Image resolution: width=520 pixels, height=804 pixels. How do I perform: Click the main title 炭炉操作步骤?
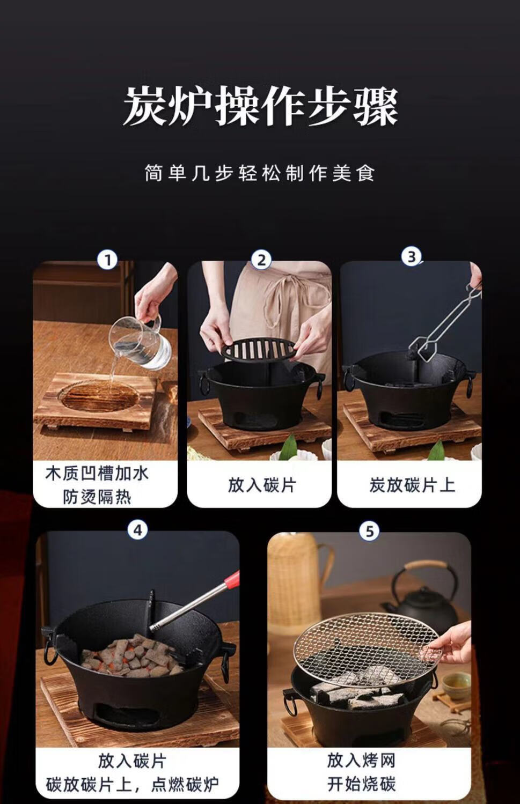(260, 107)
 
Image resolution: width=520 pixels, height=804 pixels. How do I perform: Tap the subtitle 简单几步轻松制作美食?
(260, 173)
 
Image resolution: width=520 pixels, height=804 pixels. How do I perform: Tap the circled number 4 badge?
(137, 529)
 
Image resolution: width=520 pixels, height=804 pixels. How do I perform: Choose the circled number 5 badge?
(370, 531)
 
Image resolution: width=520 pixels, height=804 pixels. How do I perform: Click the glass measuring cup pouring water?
(140, 343)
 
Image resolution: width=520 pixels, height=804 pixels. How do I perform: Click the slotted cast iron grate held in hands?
(259, 349)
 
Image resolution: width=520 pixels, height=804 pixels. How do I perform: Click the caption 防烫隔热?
(97, 497)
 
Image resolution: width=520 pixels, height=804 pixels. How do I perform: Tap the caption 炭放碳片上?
(412, 485)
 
